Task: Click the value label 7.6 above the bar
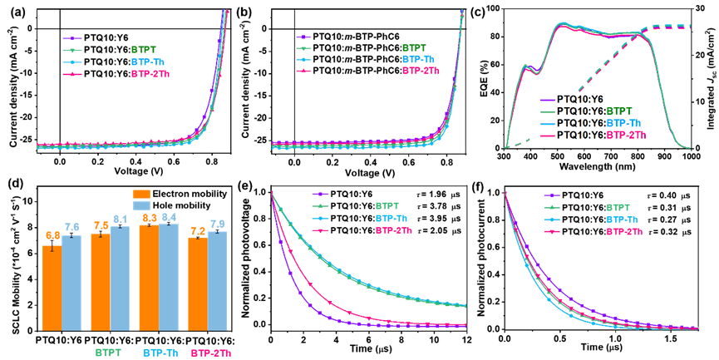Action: coord(71,227)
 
